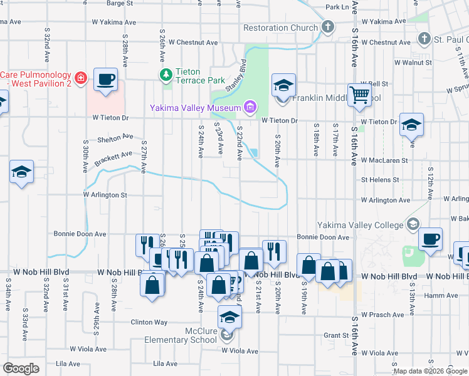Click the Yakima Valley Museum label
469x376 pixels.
(195, 108)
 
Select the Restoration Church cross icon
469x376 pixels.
(328, 27)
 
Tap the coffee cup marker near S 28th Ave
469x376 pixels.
(106, 80)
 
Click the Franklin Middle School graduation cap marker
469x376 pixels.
(283, 85)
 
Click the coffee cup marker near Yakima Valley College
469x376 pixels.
(430, 239)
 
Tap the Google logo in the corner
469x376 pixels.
(21, 368)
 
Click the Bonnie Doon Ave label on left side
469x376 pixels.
(83, 234)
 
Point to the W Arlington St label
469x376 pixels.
(105, 195)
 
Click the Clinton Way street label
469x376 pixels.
(149, 322)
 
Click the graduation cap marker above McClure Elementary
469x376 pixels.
(229, 317)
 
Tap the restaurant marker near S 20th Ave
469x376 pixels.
(274, 251)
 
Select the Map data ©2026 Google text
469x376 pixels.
(430, 371)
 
